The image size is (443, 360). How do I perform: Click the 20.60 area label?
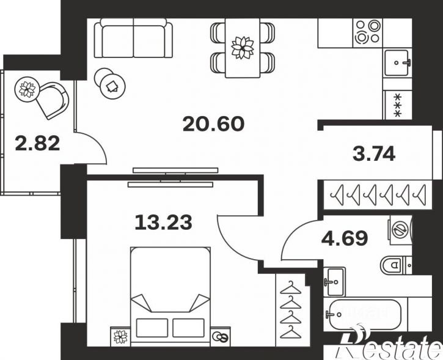(x=213, y=124)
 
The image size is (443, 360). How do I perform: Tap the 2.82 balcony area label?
(x=37, y=143)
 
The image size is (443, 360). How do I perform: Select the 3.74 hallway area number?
(x=374, y=154)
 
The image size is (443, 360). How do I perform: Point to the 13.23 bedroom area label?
(x=164, y=222)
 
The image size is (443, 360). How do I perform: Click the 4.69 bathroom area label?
(x=345, y=238)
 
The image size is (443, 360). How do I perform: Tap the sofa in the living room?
(x=133, y=38)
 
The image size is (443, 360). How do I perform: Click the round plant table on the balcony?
(x=26, y=88)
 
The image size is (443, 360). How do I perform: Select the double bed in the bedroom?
(x=170, y=296)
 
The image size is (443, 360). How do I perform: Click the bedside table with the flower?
(x=120, y=337)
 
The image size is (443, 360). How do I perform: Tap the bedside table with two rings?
(x=221, y=337)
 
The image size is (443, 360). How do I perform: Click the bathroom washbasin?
(x=334, y=281)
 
